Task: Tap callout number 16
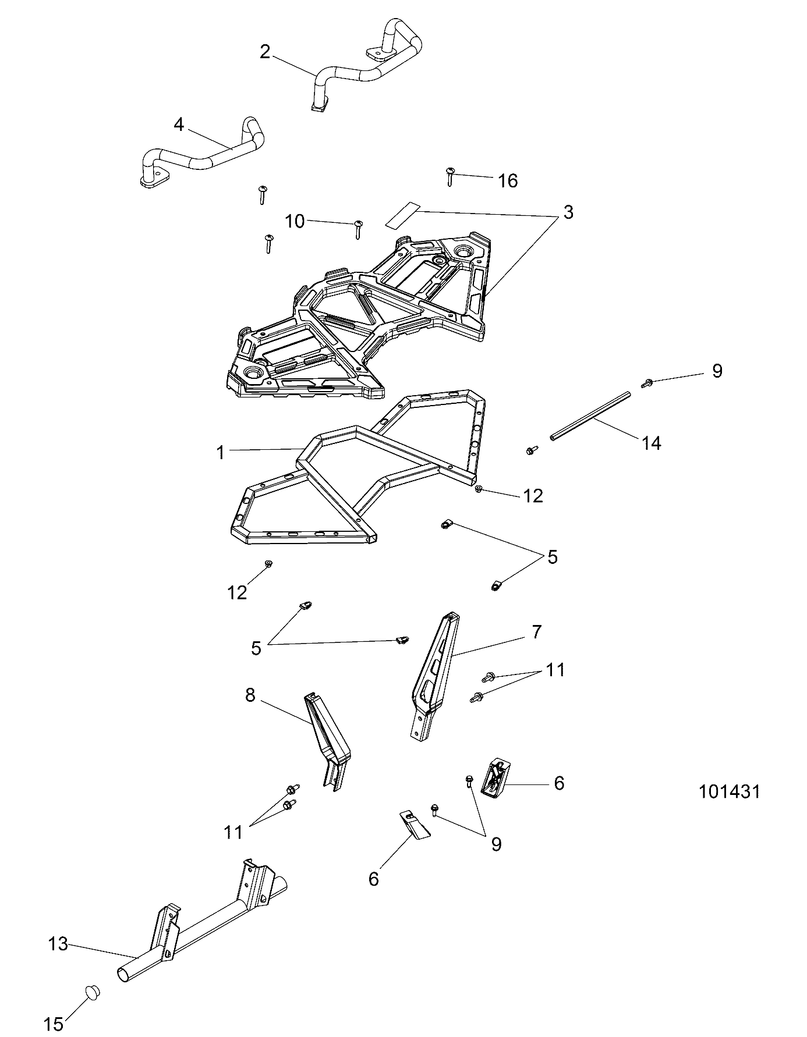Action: pyautogui.click(x=508, y=181)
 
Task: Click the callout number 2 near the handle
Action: pyautogui.click(x=265, y=52)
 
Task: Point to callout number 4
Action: pyautogui.click(x=179, y=124)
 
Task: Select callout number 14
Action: pyautogui.click(x=652, y=443)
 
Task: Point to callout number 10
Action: pyautogui.click(x=295, y=221)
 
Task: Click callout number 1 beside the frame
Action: pyautogui.click(x=221, y=452)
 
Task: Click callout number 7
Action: pyautogui.click(x=536, y=631)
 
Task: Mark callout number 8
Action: pyautogui.click(x=250, y=695)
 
